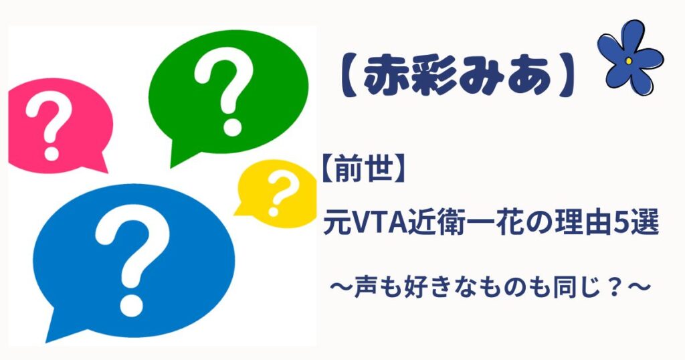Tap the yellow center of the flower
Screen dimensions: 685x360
click(x=629, y=61)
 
